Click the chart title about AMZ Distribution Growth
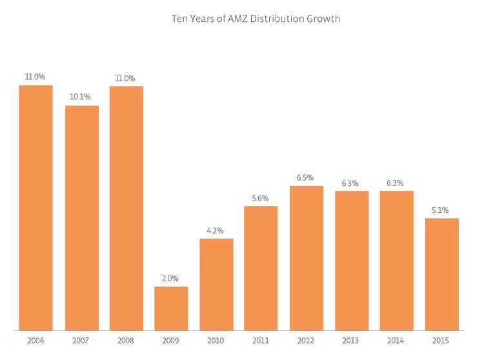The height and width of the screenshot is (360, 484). [256, 19]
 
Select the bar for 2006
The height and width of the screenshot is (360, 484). [35, 208]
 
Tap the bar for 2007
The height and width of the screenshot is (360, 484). [82, 218]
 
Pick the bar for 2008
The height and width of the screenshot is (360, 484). [126, 208]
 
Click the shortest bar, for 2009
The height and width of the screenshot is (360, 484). [171, 308]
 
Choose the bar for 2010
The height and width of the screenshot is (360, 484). [216, 285]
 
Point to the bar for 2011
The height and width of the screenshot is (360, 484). [261, 268]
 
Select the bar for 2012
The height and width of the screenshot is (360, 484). [307, 258]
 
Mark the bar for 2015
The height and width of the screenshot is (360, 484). [441, 274]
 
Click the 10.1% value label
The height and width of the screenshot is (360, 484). [80, 97]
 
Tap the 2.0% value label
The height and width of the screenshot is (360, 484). [171, 278]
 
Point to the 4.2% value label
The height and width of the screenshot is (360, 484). [216, 230]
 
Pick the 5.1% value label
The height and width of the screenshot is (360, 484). [441, 210]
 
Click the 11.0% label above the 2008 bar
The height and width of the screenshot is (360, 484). [125, 78]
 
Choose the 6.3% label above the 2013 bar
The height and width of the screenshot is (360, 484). [350, 183]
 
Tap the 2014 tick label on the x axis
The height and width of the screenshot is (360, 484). [396, 340]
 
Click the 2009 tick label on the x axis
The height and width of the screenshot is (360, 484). [171, 340]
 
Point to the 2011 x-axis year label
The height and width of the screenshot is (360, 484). [261, 340]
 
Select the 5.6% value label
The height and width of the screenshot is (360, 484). [261, 198]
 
